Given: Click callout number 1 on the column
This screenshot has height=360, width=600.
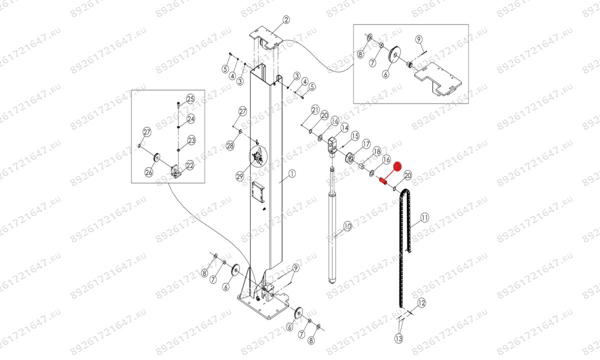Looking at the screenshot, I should click(x=292, y=174).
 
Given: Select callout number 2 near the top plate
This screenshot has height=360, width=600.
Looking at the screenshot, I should click(x=286, y=20).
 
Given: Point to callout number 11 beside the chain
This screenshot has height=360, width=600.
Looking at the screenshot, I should click(x=424, y=217).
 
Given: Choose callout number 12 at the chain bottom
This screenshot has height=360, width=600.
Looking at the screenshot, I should click(x=421, y=302).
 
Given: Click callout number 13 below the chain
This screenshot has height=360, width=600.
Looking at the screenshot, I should click(x=398, y=338).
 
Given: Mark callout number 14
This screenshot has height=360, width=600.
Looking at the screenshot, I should click(x=344, y=129).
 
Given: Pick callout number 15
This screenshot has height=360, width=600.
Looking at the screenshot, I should click(x=355, y=136).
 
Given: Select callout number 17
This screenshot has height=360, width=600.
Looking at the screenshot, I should click(x=366, y=144).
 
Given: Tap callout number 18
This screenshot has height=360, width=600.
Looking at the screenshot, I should click(x=376, y=151).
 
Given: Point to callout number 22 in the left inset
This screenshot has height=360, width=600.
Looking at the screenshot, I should click(x=190, y=165).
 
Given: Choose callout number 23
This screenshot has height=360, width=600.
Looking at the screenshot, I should click(x=191, y=140).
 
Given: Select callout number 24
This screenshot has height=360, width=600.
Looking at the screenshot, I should click(x=191, y=119).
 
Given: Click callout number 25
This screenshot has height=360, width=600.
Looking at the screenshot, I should click(x=190, y=98).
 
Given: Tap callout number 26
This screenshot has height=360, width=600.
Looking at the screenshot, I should click(x=148, y=172).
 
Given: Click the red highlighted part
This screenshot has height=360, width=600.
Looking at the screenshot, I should click(x=383, y=181).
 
